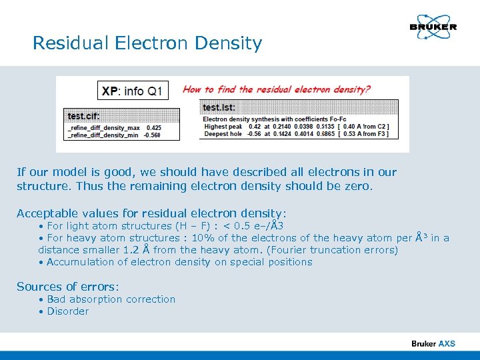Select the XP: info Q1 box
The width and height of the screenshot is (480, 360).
click(131, 91)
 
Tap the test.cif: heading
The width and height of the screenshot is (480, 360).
click(84, 116)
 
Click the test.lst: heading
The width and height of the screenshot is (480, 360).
click(219, 107)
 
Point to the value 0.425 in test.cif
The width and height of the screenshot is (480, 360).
click(153, 127)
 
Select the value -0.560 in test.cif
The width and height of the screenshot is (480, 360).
click(153, 135)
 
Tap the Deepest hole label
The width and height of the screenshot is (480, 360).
click(223, 133)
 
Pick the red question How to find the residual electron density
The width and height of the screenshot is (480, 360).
click(277, 89)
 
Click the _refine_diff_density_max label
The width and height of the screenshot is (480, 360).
click(103, 127)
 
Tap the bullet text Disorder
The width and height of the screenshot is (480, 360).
click(67, 311)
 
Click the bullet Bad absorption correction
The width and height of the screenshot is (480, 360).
click(111, 299)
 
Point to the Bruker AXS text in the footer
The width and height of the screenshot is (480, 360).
click(433, 343)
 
